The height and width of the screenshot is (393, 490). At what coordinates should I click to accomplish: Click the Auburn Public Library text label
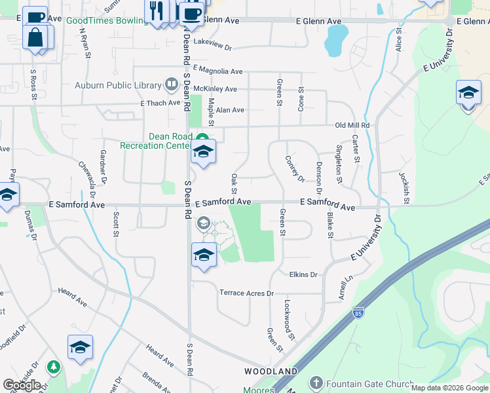click(118, 85)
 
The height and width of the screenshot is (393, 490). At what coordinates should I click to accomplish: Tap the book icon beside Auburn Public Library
click(171, 84)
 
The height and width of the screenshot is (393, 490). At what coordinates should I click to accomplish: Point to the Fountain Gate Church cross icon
click(316, 383)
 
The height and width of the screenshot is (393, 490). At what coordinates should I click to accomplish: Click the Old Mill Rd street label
click(352, 125)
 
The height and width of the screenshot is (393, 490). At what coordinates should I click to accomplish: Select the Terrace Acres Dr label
click(246, 293)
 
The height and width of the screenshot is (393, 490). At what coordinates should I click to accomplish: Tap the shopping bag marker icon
click(35, 37)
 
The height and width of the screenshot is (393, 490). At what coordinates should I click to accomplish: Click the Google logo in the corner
click(22, 384)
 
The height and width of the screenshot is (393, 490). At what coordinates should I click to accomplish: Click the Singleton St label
click(339, 164)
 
